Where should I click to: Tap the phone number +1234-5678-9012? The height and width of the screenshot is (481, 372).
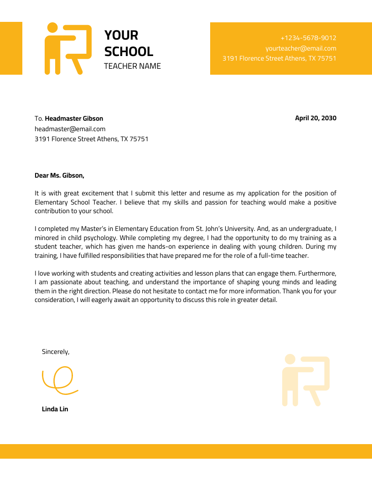click(308, 38)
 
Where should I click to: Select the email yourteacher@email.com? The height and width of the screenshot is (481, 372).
click(300, 48)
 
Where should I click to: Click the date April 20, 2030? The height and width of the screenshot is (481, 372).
click(315, 118)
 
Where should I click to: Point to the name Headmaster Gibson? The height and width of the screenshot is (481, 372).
click(74, 118)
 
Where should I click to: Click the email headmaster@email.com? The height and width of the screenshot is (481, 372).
click(70, 129)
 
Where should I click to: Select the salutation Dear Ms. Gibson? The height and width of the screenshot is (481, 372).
click(59, 175)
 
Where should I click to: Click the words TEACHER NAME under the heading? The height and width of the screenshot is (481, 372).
click(132, 66)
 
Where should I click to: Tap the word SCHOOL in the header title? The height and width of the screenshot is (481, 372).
click(129, 51)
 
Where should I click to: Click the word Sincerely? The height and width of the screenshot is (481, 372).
click(56, 352)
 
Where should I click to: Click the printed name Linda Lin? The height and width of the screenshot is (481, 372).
click(55, 409)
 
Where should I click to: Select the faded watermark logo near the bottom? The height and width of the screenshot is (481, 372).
click(305, 380)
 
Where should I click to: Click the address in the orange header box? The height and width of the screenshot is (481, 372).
click(279, 58)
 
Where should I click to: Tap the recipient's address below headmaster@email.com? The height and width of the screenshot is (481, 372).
click(91, 139)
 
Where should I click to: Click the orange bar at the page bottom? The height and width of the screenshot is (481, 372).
click(186, 451)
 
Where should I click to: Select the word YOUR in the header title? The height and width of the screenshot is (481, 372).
click(121, 35)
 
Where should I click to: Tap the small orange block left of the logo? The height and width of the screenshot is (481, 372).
click(11, 48)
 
